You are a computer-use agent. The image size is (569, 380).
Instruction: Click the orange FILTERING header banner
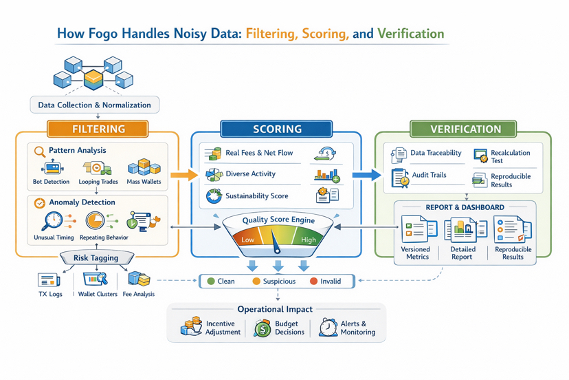pyautogui.click(x=98, y=129)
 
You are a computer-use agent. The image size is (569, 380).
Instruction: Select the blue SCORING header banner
pyautogui.click(x=276, y=129)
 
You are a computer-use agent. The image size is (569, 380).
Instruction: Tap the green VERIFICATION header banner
pyautogui.click(x=465, y=129)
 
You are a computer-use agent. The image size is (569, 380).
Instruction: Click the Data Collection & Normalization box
pyautogui.click(x=94, y=105)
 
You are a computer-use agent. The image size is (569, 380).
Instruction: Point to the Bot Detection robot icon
pyautogui.click(x=51, y=167)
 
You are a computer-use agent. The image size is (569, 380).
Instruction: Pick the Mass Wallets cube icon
pyautogui.click(x=144, y=167)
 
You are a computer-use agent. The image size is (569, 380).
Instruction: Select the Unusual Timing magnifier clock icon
pyautogui.click(x=52, y=221)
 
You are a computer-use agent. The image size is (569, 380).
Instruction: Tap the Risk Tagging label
pyautogui.click(x=96, y=258)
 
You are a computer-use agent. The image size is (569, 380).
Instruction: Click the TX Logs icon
pyautogui.click(x=49, y=280)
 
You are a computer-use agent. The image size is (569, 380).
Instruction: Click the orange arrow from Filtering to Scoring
pyautogui.click(x=183, y=175)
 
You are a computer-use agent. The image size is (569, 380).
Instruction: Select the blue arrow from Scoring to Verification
pyautogui.click(x=366, y=175)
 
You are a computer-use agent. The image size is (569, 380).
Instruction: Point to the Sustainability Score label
pyautogui.click(x=257, y=196)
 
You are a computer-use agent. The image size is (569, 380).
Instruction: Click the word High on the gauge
pyautogui.click(x=309, y=240)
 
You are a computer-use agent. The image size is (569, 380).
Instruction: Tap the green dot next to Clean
pyautogui.click(x=211, y=281)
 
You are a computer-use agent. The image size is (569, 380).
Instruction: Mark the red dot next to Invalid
pyautogui.click(x=313, y=281)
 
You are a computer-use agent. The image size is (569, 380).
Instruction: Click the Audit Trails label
pyautogui.click(x=429, y=175)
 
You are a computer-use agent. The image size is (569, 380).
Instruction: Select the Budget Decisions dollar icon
pyautogui.click(x=262, y=328)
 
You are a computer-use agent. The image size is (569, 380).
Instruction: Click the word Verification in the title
pyautogui.click(x=410, y=34)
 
